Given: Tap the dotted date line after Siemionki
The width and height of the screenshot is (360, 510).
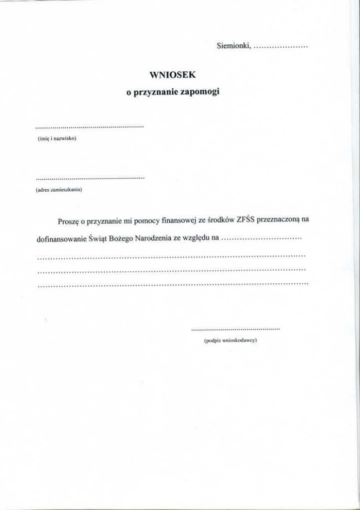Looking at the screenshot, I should tap(280, 48).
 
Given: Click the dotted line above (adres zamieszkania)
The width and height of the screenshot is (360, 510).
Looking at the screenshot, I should tap(90, 177).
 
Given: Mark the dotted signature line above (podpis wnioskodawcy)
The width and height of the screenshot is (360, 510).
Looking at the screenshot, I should tap(236, 330).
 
